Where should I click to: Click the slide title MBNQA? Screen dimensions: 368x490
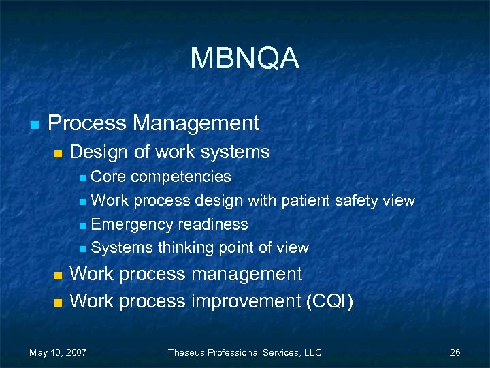tap(244, 59)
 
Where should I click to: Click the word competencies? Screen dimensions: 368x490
tap(181, 177)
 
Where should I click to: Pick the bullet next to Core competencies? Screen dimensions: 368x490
tap(82, 179)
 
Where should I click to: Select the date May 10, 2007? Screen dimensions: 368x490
tap(58, 352)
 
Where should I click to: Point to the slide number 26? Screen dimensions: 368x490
tap(455, 352)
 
